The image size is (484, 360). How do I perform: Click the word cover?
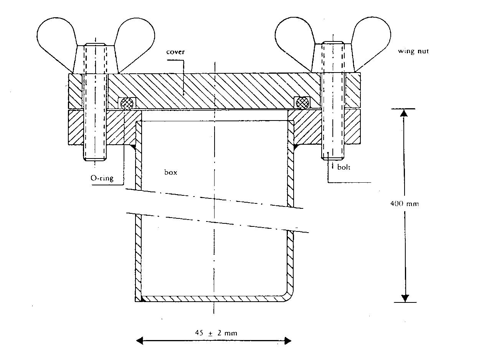point(175,52)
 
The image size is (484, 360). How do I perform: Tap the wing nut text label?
point(413,51)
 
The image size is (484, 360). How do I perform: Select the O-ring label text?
point(102,178)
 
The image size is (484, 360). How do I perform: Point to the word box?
point(171,172)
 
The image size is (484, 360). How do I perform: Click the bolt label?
point(344,167)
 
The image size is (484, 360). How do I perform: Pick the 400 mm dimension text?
point(404,204)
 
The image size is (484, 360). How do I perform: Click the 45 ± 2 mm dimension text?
point(216,333)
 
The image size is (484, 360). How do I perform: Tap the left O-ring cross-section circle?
point(127,103)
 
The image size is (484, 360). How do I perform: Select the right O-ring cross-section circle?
point(302,103)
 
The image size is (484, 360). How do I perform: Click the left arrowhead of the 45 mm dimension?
point(140,340)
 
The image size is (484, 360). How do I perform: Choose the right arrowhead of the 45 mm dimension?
point(287,340)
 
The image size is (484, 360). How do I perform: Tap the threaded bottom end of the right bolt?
point(332,153)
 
